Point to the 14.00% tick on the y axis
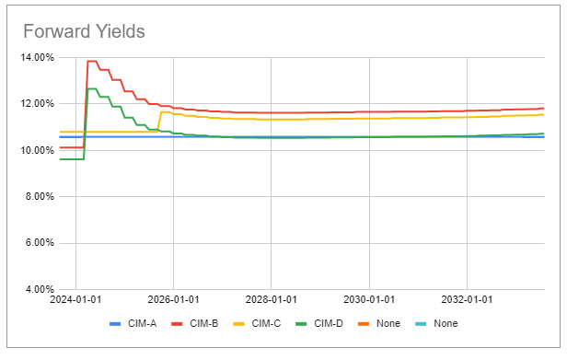[37, 57]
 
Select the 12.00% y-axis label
[37, 103]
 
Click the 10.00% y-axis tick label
[37, 150]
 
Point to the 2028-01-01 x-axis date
[271, 301]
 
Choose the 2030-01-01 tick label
[369, 301]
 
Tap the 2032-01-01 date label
[468, 301]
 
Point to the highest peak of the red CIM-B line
[91, 62]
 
